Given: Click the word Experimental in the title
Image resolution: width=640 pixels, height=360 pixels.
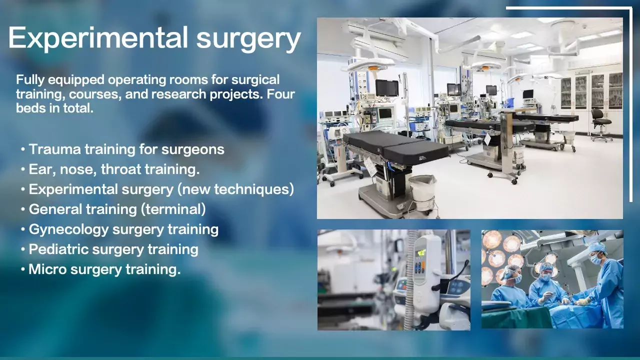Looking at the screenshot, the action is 98,38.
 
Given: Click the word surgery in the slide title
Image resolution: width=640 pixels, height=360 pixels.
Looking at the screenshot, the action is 248,40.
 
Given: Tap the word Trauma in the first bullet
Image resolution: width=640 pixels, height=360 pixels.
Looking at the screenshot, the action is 55,149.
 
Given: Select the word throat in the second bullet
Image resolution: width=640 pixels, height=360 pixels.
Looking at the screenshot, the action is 121,169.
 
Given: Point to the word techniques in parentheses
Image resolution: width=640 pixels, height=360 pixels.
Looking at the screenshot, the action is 253,189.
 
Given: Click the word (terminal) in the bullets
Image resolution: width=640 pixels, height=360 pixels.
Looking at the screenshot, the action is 173,209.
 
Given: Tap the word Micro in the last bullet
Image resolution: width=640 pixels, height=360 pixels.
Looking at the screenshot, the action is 47,269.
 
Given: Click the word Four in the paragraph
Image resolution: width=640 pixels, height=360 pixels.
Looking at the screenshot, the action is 280,94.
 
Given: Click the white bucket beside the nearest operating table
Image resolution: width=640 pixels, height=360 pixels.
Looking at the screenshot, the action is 422,192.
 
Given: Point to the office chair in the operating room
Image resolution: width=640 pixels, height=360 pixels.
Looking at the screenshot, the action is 601,124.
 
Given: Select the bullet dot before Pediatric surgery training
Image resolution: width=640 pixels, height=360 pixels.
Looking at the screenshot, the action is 23,249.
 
